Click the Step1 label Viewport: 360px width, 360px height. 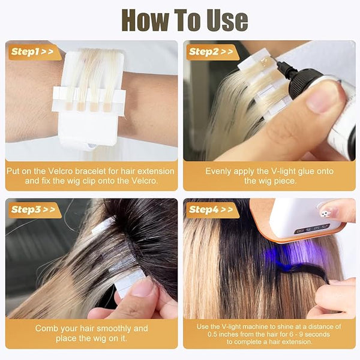(32, 52)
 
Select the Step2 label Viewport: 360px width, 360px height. (211, 52)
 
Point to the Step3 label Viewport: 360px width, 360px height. (33, 209)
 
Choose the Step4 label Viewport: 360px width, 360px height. (211, 209)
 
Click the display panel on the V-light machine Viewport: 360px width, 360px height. (312, 229)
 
